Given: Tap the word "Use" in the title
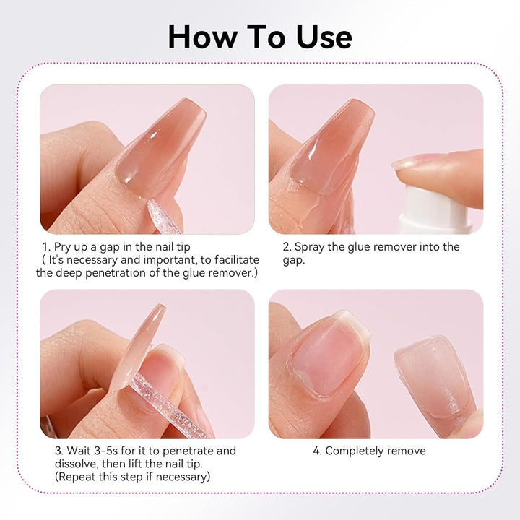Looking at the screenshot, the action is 324,37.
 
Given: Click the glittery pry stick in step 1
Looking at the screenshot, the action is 164,216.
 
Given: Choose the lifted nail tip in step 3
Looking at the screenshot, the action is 138,348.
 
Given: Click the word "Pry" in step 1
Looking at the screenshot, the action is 62,248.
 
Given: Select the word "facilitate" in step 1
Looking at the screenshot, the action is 237,260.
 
